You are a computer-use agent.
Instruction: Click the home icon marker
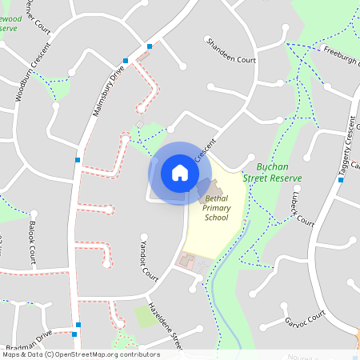(x=179, y=172)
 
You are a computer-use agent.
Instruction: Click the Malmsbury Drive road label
(x=109, y=89)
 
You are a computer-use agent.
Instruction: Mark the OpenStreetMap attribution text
(x=80, y=354)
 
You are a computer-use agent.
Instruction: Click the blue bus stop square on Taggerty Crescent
(x=341, y=180)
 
